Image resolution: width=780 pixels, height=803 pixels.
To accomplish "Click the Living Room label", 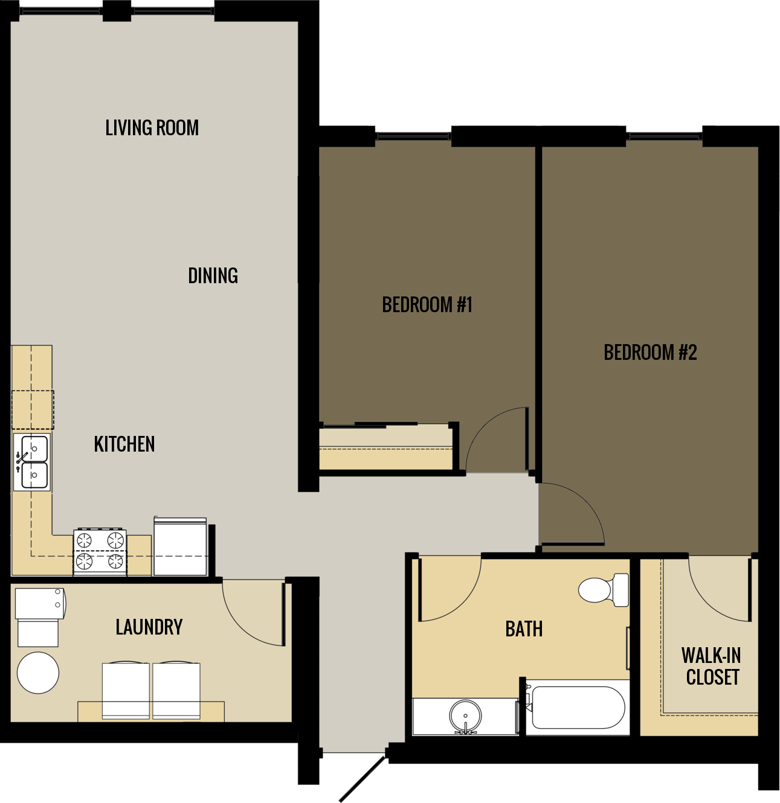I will [152, 128].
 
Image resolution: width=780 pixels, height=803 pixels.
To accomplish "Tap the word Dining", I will [213, 276].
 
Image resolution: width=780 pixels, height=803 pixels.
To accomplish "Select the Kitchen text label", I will [124, 444].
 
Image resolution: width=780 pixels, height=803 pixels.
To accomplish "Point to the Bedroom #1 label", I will [427, 305].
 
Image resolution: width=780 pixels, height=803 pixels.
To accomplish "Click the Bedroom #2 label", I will [650, 353].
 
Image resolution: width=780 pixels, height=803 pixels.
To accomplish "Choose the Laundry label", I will [149, 627].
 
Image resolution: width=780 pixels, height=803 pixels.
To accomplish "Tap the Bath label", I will [524, 629].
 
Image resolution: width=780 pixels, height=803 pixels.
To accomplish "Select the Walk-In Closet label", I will [712, 667].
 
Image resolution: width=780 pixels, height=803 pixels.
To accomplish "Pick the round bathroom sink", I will [465, 716].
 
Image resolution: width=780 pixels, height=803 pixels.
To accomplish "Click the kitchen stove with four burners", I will [100, 551].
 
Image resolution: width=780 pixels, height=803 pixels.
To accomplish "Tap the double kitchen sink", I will [32, 462].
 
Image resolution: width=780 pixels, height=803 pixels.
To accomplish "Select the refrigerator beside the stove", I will [180, 547].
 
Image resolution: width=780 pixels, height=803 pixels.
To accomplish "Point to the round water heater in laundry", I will [38, 673].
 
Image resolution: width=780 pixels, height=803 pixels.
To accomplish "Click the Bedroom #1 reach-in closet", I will [385, 448].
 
